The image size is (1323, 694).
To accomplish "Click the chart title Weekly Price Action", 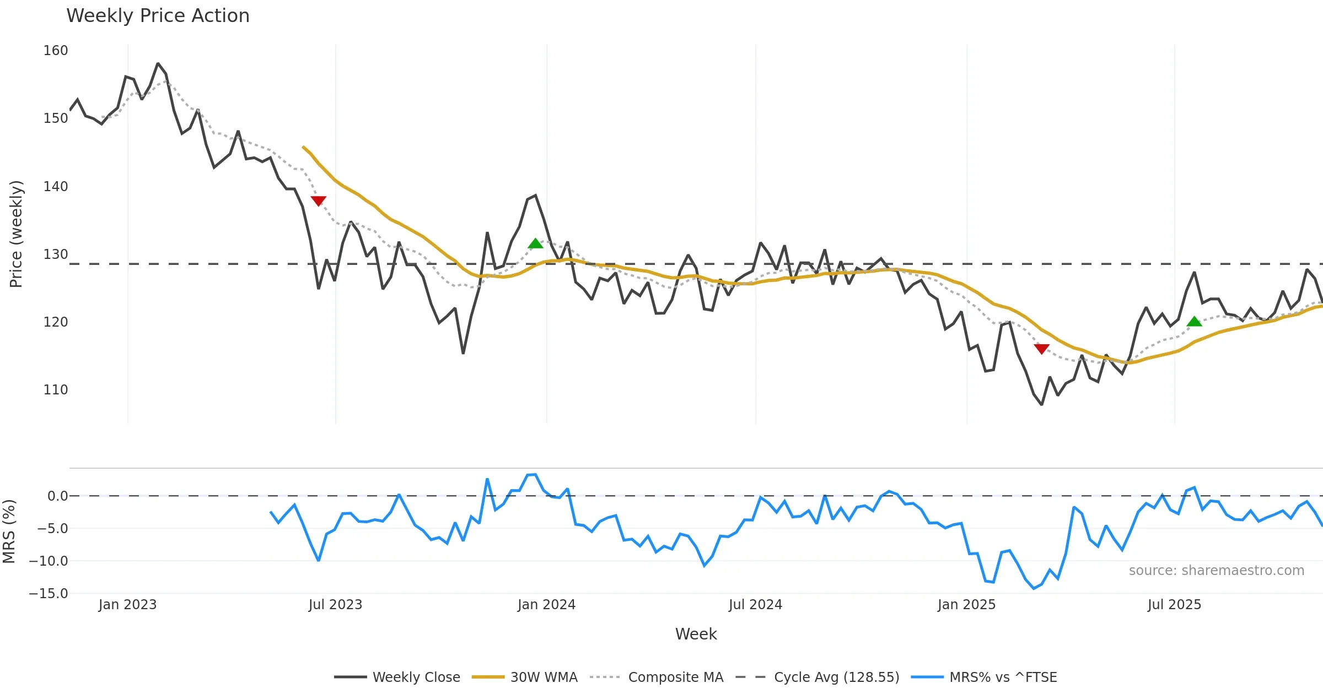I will [x=158, y=16].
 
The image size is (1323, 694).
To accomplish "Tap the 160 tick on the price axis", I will [x=56, y=51].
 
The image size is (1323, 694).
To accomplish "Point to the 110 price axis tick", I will [x=56, y=390].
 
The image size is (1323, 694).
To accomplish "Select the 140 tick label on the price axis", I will [x=56, y=187].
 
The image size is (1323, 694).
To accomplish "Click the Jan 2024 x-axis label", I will [x=546, y=605].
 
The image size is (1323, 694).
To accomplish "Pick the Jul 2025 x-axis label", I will [x=1174, y=605].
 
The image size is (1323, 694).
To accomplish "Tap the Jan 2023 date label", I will [x=128, y=605].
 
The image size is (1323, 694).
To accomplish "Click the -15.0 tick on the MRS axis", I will [x=49, y=594].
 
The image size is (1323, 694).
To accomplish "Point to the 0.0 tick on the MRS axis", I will [x=57, y=496].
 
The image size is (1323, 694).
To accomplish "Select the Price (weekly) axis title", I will [x=17, y=234].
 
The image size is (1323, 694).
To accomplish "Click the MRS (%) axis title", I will [x=9, y=532].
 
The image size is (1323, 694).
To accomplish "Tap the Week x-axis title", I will [x=696, y=635].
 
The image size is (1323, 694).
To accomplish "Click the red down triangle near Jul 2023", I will [x=319, y=201].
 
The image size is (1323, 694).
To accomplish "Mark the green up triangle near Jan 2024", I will [x=535, y=243].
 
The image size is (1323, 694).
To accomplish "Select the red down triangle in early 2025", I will [x=1041, y=349].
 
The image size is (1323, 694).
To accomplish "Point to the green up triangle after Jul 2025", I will [x=1194, y=322].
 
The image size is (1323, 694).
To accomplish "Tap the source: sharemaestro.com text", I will [x=1216, y=571].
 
